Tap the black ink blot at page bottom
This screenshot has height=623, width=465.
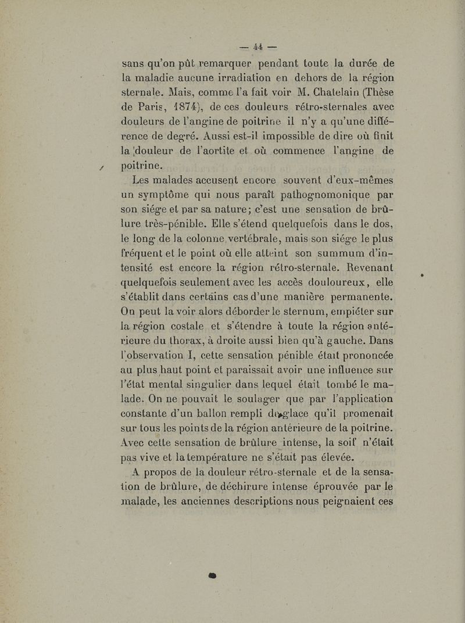point(212,575)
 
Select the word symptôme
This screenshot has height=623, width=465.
point(170,195)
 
